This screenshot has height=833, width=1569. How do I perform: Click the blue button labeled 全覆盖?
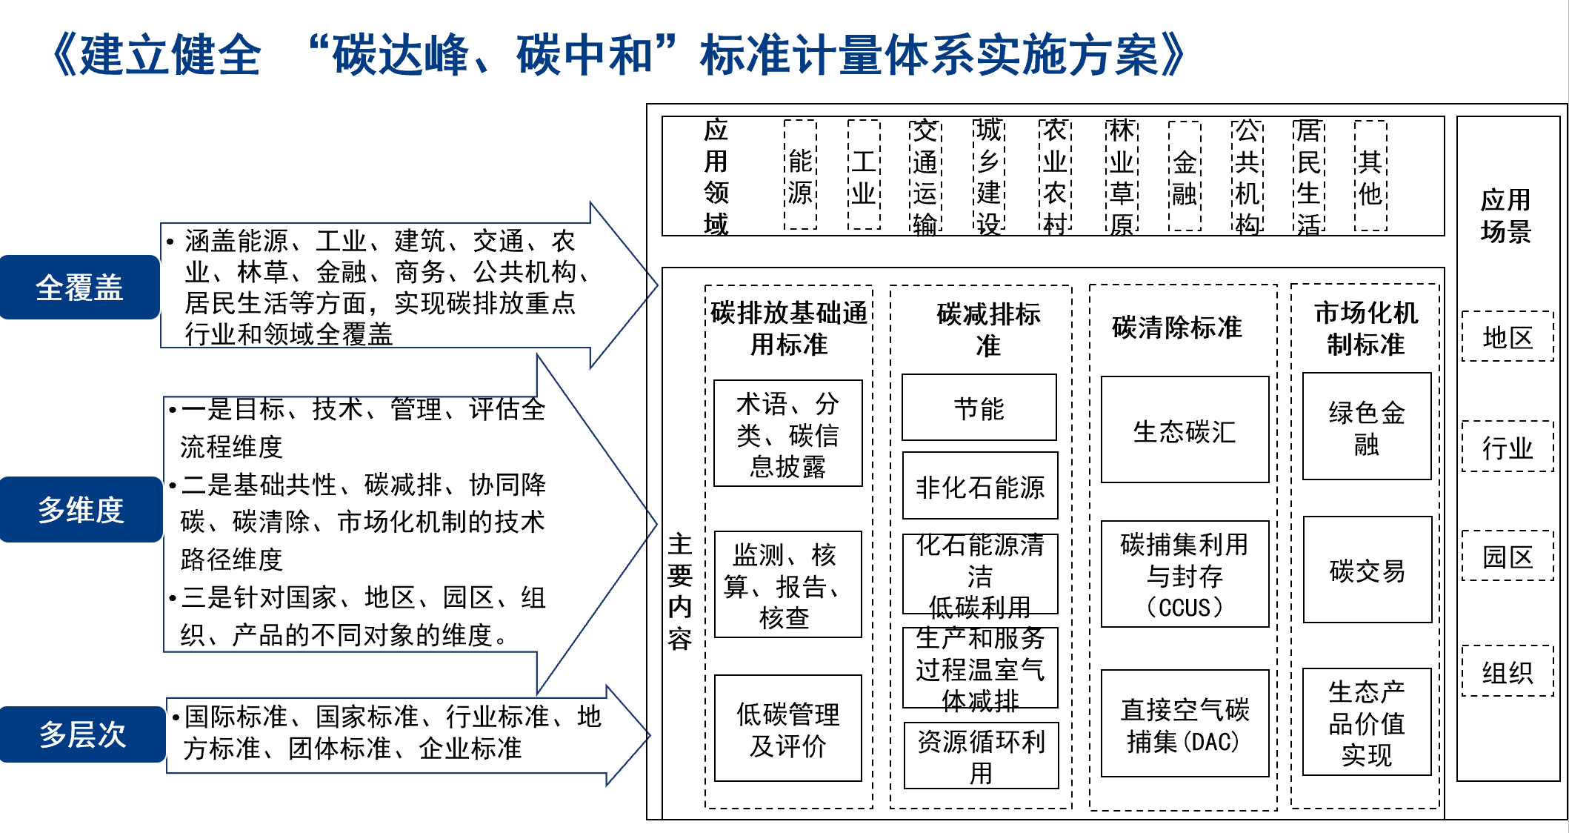79,288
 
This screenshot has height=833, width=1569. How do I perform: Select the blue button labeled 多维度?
81,510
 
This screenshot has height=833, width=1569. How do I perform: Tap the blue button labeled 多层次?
82,734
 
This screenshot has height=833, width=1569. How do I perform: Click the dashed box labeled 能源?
800,176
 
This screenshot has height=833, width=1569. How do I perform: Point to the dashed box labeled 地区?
1508,337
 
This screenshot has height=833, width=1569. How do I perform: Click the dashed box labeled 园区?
1508,557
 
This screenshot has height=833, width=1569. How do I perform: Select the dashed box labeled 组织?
1508,671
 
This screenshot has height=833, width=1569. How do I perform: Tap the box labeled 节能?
979,408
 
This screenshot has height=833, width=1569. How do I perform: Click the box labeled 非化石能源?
979,486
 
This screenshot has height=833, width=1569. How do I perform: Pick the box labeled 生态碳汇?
1185,430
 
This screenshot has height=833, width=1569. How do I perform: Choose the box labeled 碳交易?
1367,570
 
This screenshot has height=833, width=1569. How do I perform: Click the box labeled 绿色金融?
1367,427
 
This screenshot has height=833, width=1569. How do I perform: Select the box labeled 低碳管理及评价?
787,729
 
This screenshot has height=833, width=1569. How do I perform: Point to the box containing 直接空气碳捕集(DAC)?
1185,724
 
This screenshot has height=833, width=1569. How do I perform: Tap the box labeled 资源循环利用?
981,756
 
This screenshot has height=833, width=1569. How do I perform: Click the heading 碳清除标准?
1177,327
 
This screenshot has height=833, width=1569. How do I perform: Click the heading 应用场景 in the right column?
1505,215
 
